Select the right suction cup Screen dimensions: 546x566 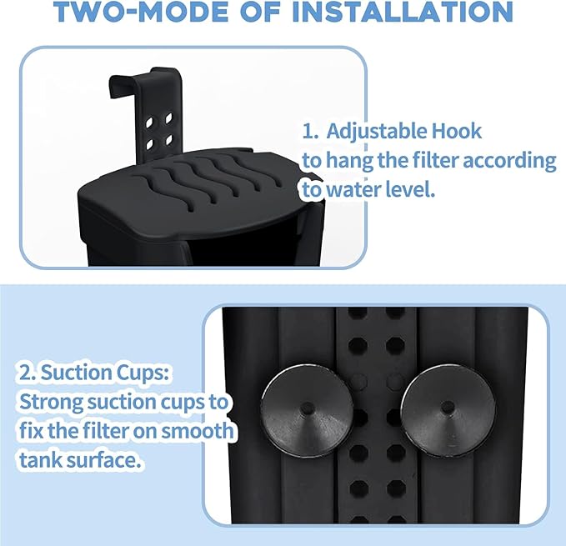click(x=447, y=408)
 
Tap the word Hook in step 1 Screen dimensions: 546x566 click(x=457, y=132)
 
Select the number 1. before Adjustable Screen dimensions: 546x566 click(x=311, y=132)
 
